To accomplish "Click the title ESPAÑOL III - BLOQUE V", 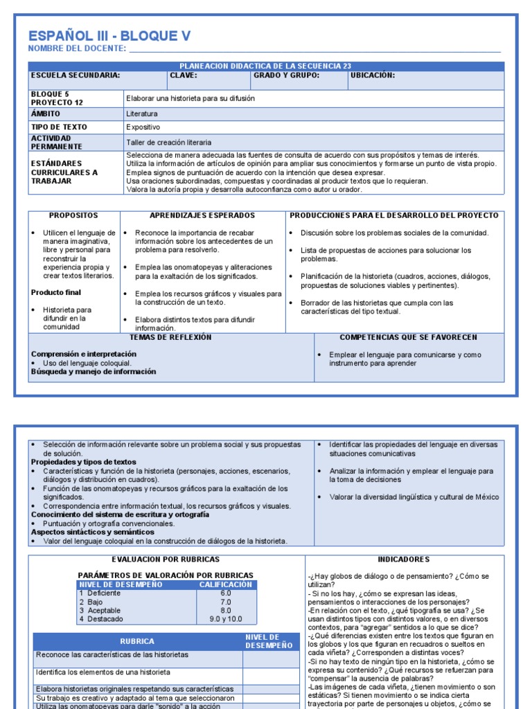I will coord(109,36).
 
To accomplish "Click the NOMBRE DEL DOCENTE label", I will coord(76,48).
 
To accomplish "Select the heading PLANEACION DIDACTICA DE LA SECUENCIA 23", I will coord(265,66).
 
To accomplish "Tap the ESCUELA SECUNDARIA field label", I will coord(75,75).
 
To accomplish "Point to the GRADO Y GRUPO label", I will coord(286,75).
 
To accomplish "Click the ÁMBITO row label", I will coord(46,114).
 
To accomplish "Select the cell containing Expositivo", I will coord(143,127).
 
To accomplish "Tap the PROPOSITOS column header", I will coord(73,216).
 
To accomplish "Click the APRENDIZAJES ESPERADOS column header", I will coord(202,216).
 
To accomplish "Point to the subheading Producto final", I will coord(56,293).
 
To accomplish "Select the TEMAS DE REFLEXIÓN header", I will coord(170,337).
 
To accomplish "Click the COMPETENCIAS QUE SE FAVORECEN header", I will coord(409,337).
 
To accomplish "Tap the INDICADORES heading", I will coord(404,559).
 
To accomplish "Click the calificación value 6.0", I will coord(226,593).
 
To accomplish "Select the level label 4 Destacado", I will coord(100,619).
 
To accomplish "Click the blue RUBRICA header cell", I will coord(137,641).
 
